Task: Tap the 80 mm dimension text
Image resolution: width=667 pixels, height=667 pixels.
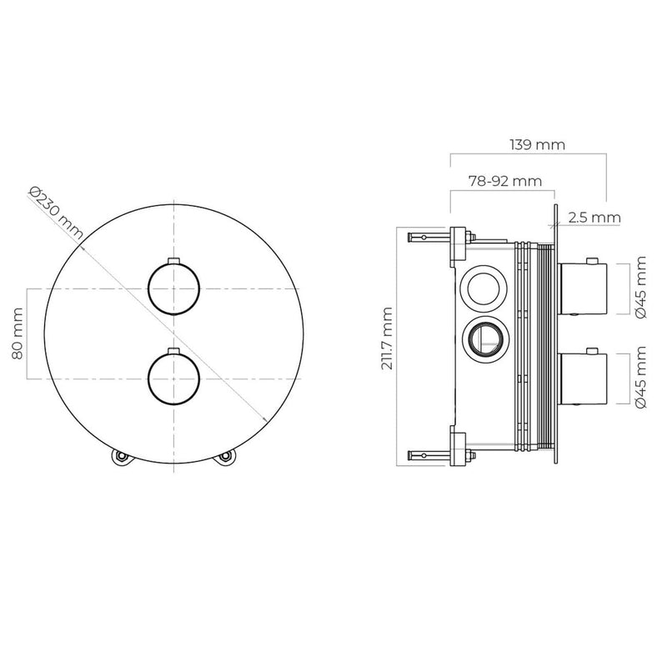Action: (18, 333)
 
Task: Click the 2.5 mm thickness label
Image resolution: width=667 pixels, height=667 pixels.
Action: (594, 218)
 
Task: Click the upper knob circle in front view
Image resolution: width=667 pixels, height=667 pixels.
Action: (173, 288)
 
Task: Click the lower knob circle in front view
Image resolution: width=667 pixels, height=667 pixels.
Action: (173, 379)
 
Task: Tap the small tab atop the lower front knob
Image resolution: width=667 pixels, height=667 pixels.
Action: (173, 352)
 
